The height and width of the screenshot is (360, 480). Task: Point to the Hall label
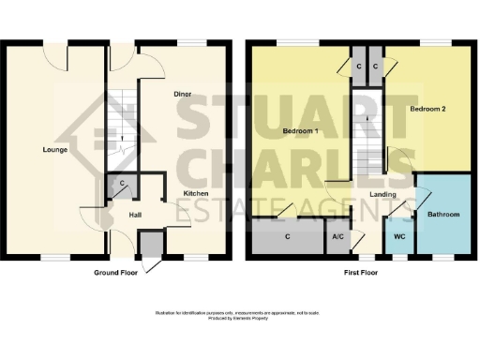pos(134,215)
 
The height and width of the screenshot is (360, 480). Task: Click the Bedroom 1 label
pos(302,131)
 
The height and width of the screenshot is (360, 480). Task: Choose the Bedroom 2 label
pos(427,109)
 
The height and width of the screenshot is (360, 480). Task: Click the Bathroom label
pos(443,215)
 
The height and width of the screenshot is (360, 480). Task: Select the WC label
pos(398,237)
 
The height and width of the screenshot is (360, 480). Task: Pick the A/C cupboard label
pos(337,237)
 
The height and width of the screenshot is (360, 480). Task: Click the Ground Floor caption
pos(117,273)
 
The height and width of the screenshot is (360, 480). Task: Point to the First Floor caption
pos(359,273)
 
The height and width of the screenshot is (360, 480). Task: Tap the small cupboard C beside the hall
pos(120,186)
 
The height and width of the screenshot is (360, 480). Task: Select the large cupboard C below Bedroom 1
pos(287,236)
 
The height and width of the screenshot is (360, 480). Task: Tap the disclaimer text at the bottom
pos(240,314)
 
